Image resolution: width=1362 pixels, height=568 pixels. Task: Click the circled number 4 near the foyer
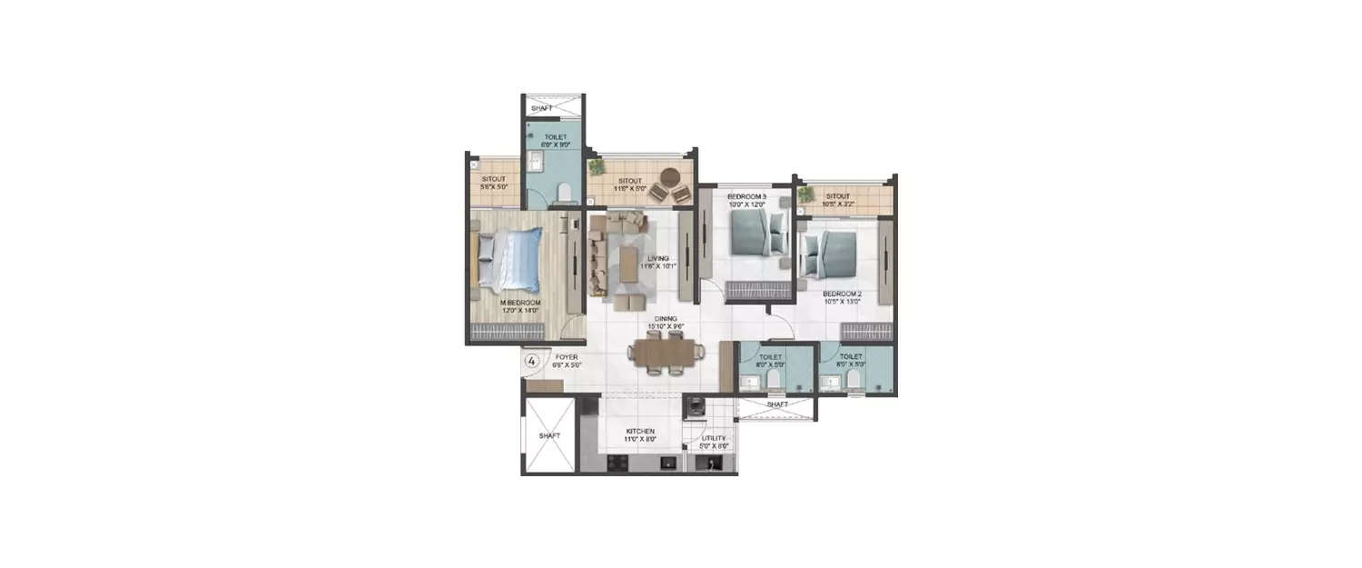point(532,361)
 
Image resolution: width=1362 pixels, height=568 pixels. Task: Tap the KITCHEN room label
point(640,432)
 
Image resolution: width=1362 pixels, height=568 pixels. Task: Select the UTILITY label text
point(714,438)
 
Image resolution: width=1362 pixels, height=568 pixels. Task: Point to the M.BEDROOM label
point(521,303)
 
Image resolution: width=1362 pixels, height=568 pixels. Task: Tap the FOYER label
point(566,357)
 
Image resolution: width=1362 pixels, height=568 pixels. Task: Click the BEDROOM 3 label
point(746,196)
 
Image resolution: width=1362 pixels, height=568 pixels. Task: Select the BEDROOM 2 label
point(842,294)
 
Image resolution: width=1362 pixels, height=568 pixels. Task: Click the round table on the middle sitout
point(671,177)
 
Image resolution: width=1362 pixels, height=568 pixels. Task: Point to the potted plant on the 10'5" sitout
point(805,194)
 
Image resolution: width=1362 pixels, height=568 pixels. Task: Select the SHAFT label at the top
point(542,108)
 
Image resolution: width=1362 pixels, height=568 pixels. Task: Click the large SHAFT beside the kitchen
point(548,435)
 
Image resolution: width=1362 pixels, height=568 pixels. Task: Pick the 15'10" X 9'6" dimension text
point(664,326)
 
